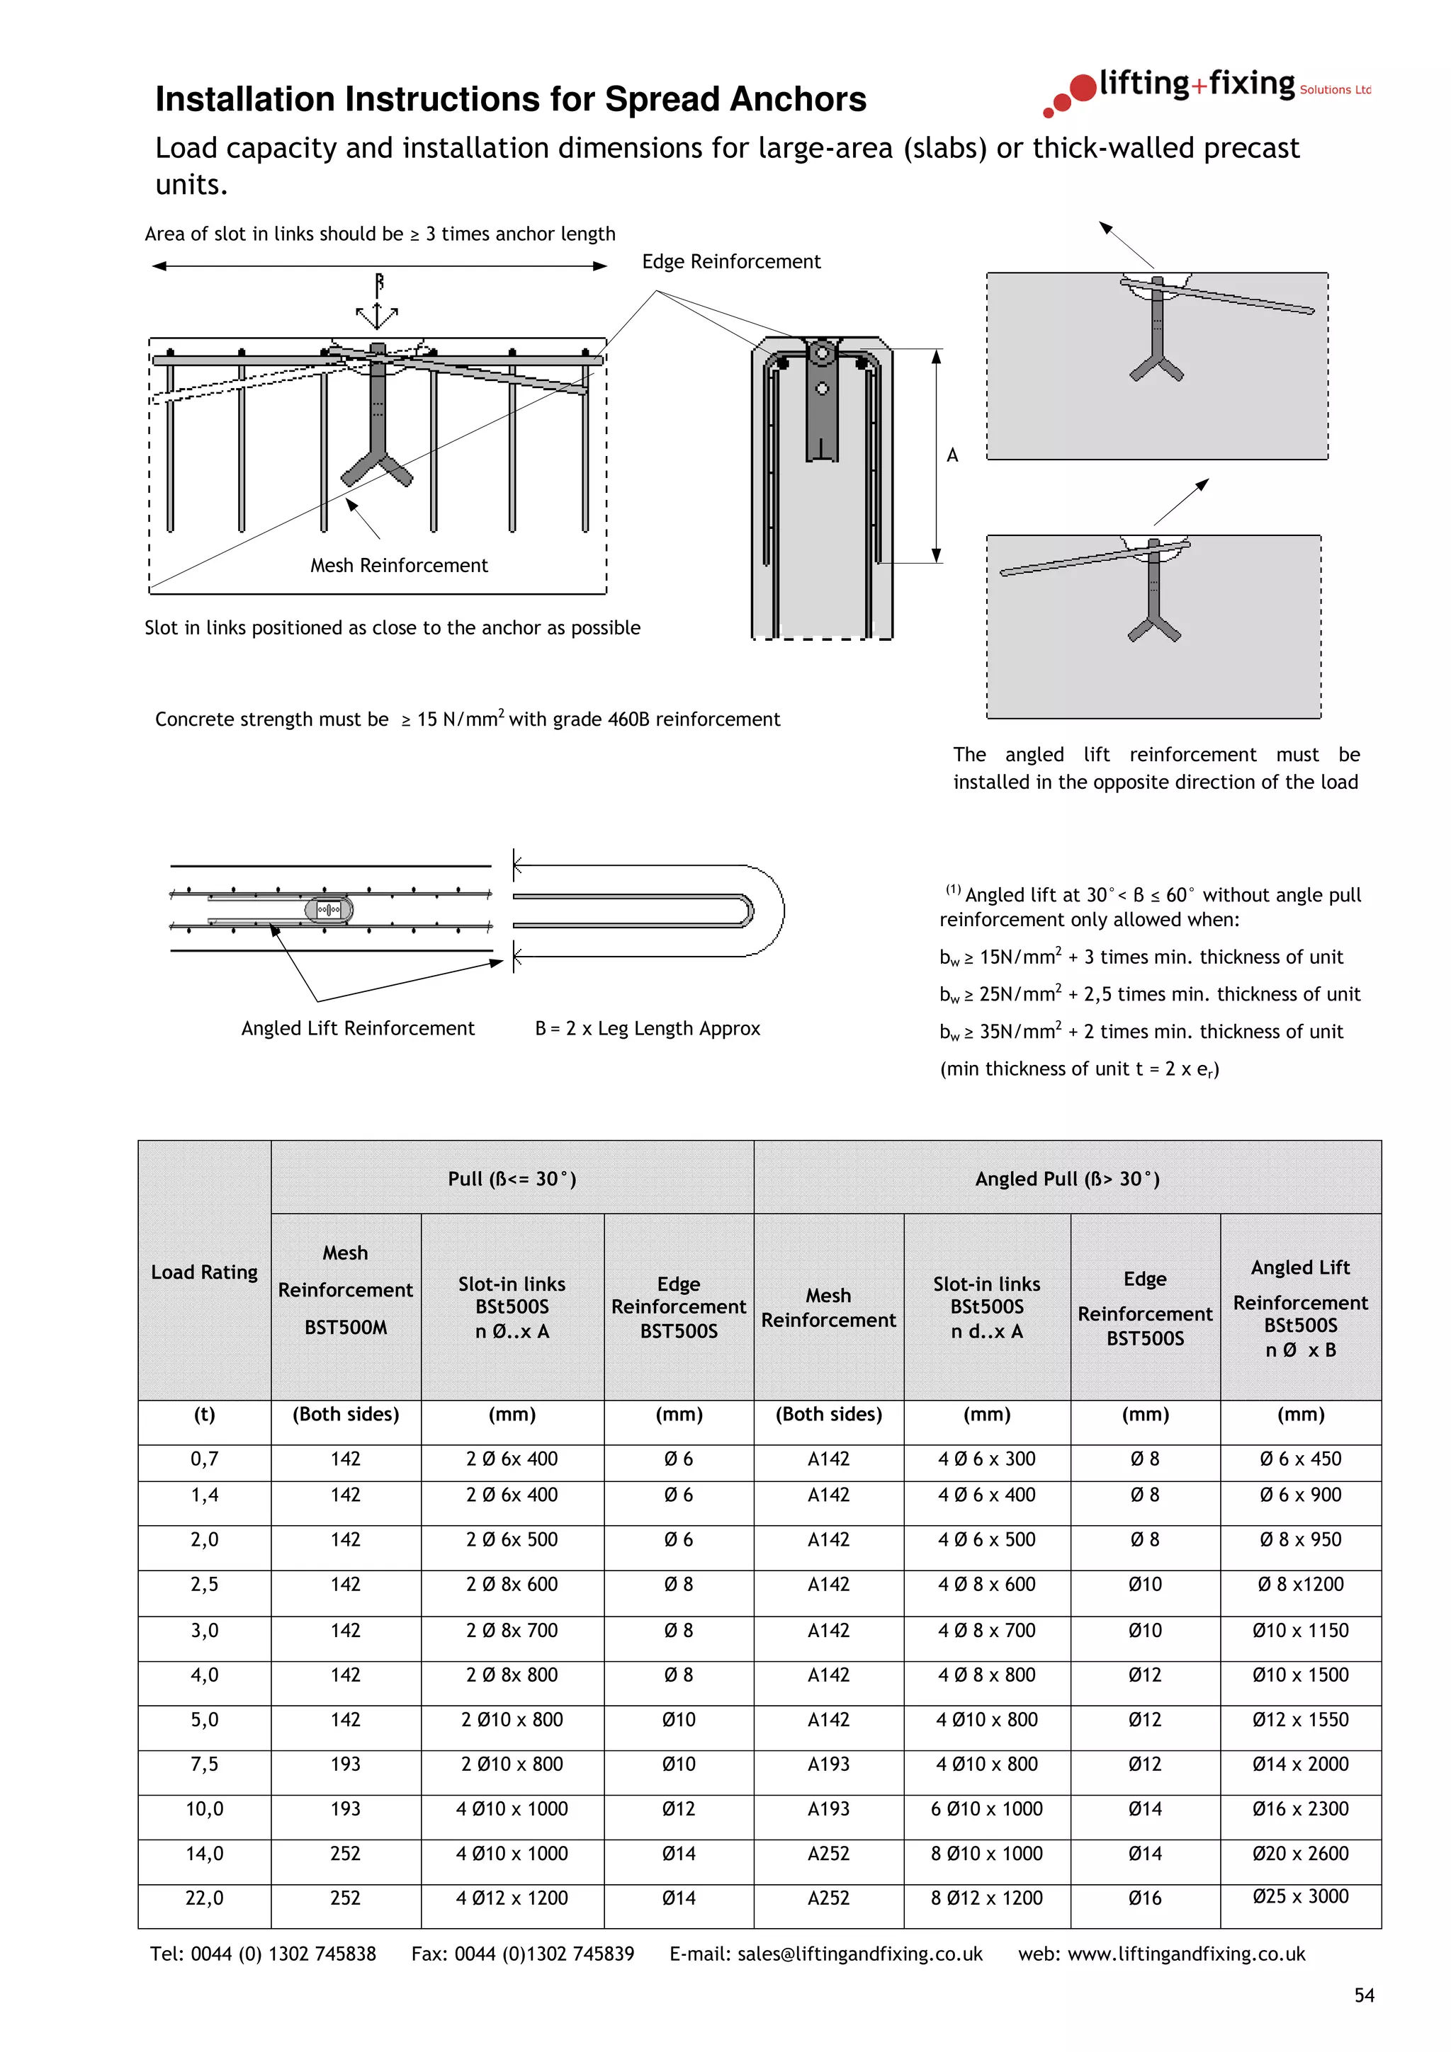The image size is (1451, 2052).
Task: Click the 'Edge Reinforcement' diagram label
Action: point(730,261)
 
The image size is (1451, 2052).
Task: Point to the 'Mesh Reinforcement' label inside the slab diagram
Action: point(399,565)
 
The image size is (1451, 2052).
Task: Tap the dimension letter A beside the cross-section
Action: point(952,455)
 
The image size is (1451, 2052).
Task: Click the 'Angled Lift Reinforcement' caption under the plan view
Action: point(358,1028)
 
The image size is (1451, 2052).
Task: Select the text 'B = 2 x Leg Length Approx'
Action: point(648,1028)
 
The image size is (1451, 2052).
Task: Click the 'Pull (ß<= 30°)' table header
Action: point(512,1178)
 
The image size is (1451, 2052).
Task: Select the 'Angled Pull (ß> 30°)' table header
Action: point(1066,1178)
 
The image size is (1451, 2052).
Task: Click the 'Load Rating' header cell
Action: point(204,1271)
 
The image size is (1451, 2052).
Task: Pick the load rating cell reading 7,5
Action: point(204,1763)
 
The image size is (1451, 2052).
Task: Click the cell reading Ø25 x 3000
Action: point(1300,1896)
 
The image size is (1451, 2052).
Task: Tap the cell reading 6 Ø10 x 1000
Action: point(986,1808)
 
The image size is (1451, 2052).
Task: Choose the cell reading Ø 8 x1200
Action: point(1300,1584)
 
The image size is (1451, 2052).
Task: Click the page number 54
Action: point(1363,1995)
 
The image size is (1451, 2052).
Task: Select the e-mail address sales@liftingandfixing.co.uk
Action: point(859,1954)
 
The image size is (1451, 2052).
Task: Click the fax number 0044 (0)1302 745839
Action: point(544,1954)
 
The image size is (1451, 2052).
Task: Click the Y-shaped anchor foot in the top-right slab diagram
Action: point(1156,367)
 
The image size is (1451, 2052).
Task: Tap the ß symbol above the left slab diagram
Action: point(379,283)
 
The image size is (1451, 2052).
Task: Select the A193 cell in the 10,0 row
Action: point(828,1808)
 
